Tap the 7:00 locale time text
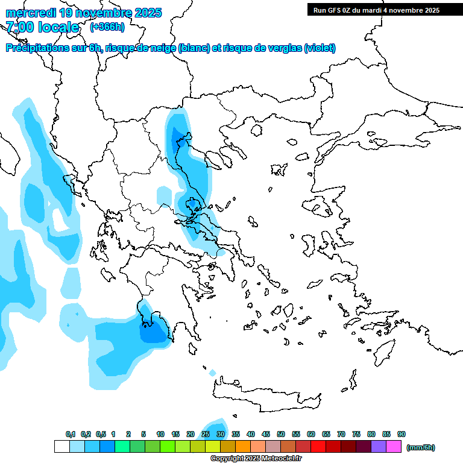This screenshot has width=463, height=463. [42, 27]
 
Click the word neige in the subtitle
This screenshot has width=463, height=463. [163, 48]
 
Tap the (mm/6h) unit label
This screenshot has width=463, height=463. [420, 447]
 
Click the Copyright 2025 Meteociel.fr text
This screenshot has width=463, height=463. [255, 459]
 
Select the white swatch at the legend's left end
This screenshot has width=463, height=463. [61, 447]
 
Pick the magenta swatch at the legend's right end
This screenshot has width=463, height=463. [394, 447]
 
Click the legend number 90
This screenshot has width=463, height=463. [401, 434]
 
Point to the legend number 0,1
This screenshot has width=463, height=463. [70, 434]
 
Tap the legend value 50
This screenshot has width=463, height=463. [281, 434]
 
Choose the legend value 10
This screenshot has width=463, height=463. [160, 434]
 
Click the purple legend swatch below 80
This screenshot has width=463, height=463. [379, 447]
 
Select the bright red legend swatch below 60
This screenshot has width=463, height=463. [318, 447]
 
